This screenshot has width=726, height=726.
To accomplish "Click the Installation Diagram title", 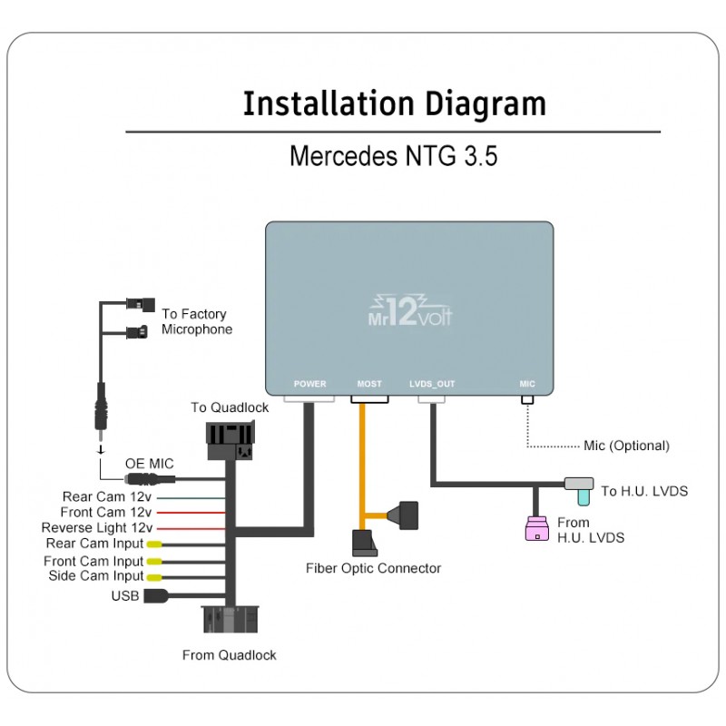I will (x=394, y=104).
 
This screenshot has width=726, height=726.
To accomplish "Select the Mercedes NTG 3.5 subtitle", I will (x=393, y=156).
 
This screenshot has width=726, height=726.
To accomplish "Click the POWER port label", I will (x=309, y=384).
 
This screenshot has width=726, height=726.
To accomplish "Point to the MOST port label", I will (x=369, y=384).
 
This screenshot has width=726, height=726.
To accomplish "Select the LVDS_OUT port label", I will (x=432, y=384).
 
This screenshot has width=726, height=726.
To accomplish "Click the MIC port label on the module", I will (x=527, y=384).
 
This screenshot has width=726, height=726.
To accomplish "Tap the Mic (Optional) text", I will (x=626, y=446).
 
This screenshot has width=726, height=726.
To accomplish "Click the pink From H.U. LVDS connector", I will (x=537, y=529).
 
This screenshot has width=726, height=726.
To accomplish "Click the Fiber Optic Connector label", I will (x=373, y=568).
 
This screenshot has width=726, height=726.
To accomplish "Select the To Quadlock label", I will (x=230, y=407).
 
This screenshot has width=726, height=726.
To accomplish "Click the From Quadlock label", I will (x=229, y=654).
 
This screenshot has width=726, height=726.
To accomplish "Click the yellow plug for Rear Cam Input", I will (x=155, y=544).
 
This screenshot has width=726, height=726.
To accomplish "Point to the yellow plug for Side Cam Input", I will (x=155, y=576).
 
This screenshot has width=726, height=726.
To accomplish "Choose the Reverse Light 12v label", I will (x=97, y=528).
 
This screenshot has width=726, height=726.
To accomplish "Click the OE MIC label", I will (x=149, y=464).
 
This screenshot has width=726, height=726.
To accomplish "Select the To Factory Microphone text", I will (x=197, y=321).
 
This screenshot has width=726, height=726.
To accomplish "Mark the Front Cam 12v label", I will (x=106, y=512).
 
